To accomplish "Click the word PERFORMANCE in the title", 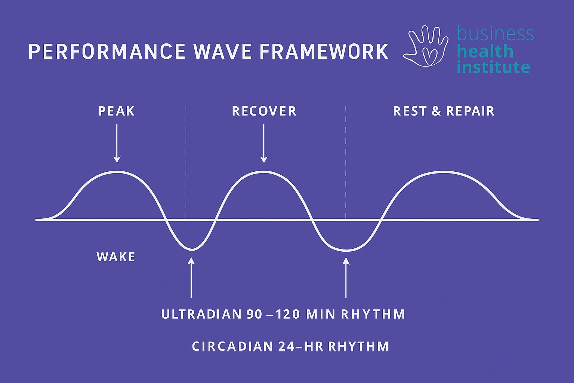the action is click(107, 52).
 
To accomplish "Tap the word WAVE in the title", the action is click(222, 52).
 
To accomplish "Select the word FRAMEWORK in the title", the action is click(324, 52).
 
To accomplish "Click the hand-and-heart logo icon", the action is click(426, 46).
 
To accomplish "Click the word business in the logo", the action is click(495, 34).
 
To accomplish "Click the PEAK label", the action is click(117, 111).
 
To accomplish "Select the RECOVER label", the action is click(264, 111).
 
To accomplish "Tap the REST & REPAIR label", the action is click(444, 111).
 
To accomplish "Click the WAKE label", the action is click(116, 257).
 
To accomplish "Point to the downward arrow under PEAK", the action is click(117, 144).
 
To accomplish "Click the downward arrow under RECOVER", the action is click(264, 144).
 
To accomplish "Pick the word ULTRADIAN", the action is click(201, 315).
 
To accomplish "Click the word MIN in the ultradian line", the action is click(321, 315).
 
